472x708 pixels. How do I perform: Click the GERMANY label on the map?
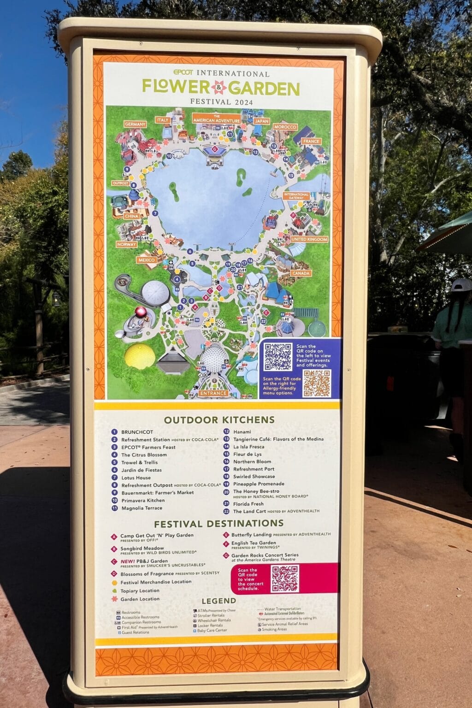point(135,124)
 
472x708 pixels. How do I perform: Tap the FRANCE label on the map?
point(311,141)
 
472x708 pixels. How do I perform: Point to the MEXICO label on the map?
point(147,260)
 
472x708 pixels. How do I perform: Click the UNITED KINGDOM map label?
point(309,239)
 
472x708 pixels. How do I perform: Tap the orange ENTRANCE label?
point(213,393)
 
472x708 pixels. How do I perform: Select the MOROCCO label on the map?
point(284,127)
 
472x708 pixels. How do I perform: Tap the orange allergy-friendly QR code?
point(317,383)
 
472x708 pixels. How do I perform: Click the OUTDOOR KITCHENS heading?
point(219,419)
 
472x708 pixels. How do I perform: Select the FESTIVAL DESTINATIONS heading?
point(218,524)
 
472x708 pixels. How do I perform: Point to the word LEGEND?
point(218,601)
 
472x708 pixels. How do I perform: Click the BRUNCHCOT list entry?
point(137,432)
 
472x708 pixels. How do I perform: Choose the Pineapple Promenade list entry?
point(259,484)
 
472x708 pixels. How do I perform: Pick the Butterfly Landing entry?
point(251,535)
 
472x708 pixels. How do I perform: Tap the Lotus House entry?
point(136,478)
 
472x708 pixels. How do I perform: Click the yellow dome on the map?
point(140,356)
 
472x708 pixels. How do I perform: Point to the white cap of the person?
point(461,285)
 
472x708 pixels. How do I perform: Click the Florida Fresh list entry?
point(248,504)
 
